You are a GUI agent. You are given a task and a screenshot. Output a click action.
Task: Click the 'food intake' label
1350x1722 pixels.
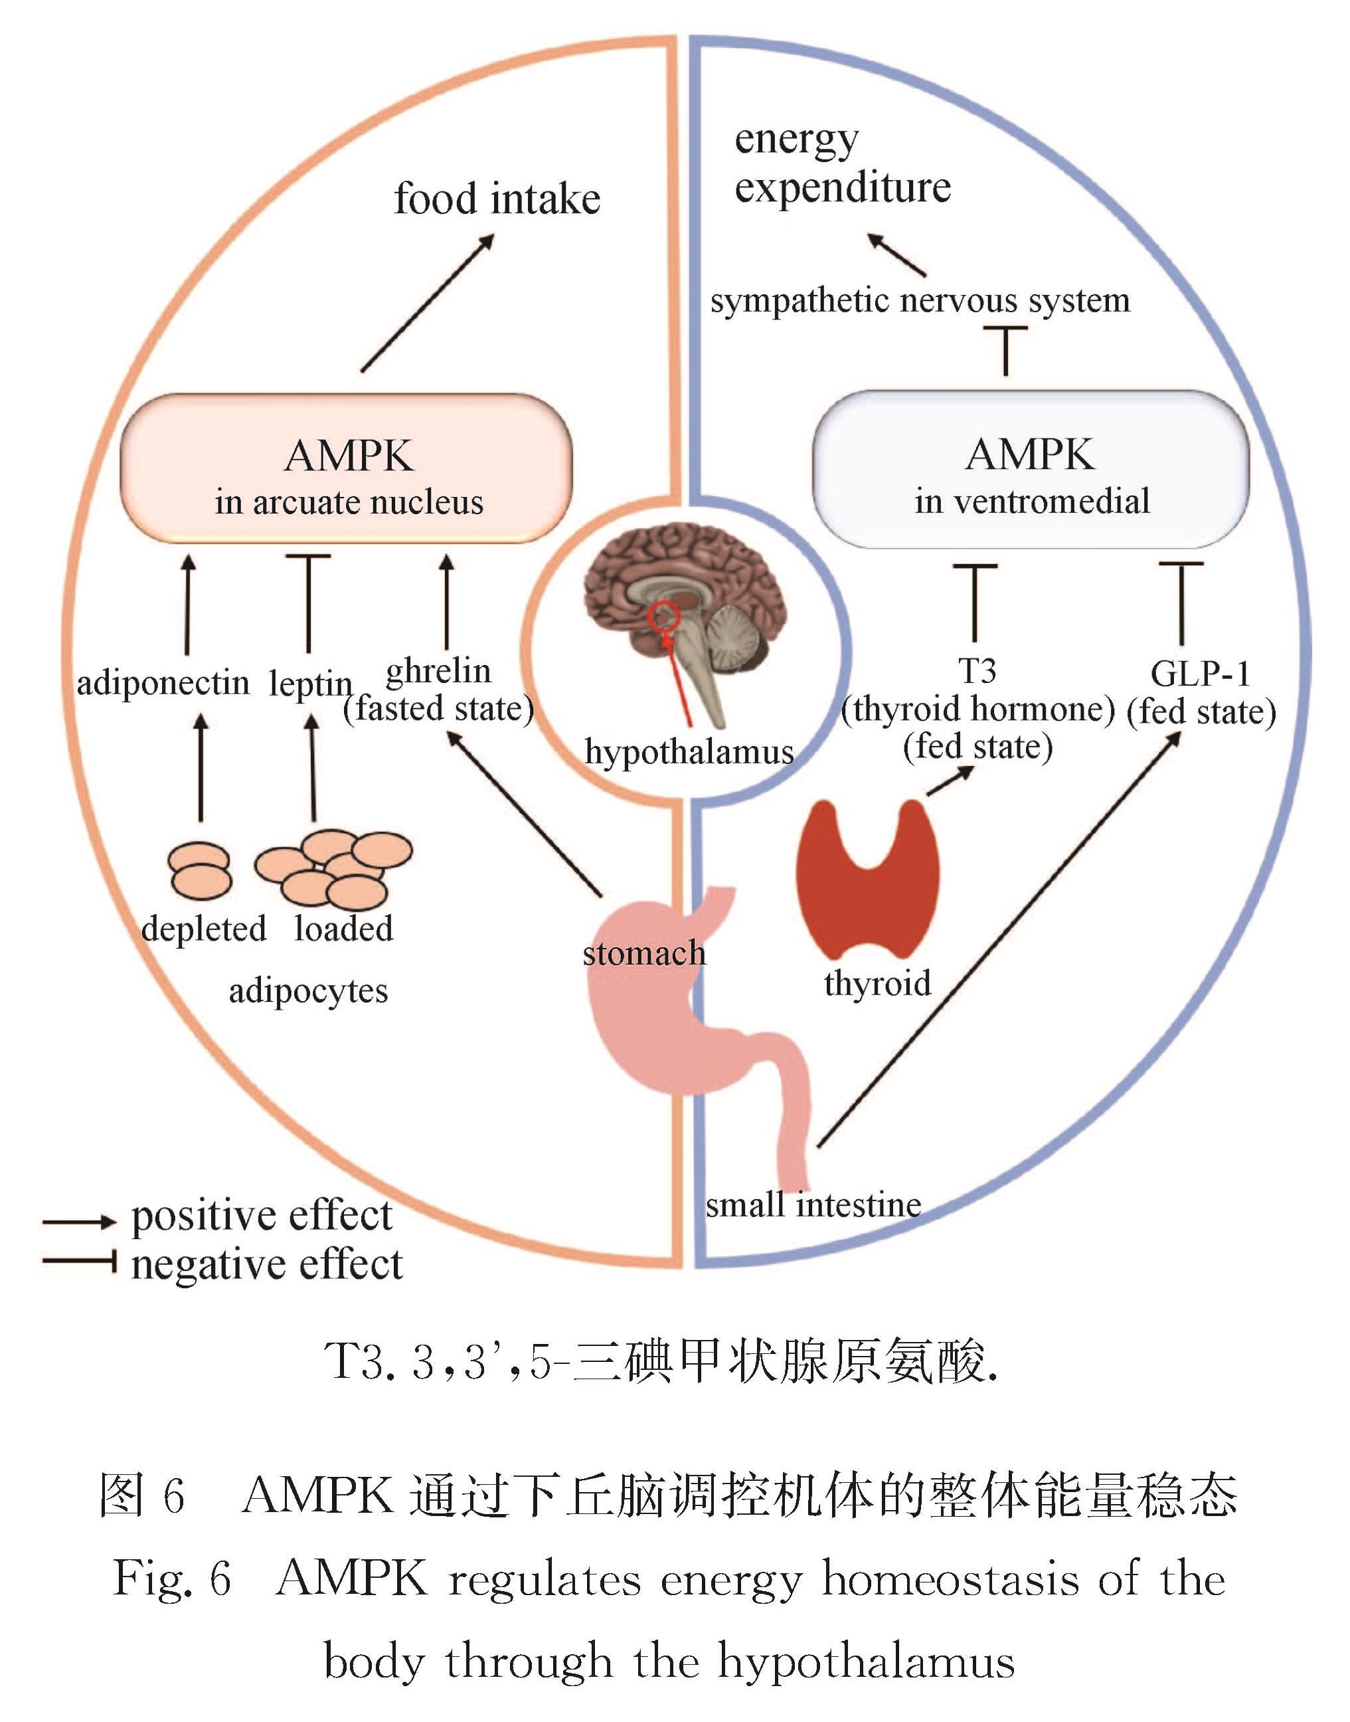pyautogui.click(x=497, y=199)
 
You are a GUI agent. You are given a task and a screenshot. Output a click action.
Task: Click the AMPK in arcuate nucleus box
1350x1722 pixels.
pyautogui.click(x=346, y=469)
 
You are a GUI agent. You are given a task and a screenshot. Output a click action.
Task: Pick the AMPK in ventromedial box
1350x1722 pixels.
pyautogui.click(x=1031, y=469)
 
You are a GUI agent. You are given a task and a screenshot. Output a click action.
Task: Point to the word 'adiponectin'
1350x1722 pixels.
pyautogui.click(x=163, y=682)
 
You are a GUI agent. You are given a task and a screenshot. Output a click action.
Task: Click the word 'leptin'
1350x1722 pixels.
pyautogui.click(x=310, y=683)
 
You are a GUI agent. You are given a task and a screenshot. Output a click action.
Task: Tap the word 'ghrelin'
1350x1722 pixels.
pyautogui.click(x=439, y=670)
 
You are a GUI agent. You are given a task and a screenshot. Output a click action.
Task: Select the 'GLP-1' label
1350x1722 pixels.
pyautogui.click(x=1200, y=674)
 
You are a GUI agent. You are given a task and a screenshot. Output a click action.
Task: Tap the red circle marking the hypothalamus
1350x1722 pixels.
pyautogui.click(x=665, y=615)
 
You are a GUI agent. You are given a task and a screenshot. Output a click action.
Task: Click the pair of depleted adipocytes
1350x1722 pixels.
pyautogui.click(x=201, y=870)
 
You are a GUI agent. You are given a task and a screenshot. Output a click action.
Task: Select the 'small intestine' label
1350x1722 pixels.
pyautogui.click(x=813, y=1205)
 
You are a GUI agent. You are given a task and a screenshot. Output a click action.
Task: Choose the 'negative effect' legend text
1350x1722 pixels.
pyautogui.click(x=266, y=1264)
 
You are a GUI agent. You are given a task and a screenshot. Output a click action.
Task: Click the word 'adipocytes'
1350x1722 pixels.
pyautogui.click(x=308, y=991)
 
